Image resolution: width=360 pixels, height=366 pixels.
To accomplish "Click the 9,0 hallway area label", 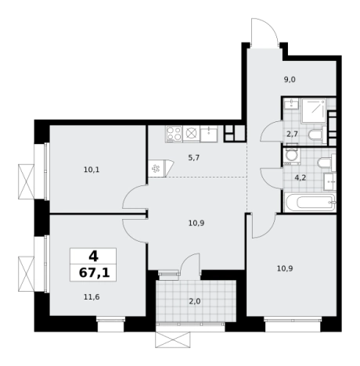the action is point(290,80).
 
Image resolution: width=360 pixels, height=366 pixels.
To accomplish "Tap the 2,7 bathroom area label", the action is point(292,135).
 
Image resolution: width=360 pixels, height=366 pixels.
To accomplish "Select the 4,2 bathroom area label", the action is point(300,178).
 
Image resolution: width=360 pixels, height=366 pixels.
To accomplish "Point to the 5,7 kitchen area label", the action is point(193,157).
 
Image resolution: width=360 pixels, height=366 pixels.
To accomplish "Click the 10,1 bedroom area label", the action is point(92,170).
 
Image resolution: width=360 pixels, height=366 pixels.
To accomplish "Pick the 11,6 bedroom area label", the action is point(92,296).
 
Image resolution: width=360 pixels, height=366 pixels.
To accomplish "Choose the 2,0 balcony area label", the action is point(195,301).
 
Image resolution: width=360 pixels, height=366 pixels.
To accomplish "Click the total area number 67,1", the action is point(94,273).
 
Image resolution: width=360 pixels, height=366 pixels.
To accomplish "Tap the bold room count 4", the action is point(93,257).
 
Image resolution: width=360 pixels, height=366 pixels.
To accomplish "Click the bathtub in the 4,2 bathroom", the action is point(310,202).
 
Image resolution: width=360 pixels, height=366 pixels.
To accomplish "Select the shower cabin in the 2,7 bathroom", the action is point(314,110).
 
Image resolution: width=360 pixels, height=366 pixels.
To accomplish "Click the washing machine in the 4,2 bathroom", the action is point(290,156).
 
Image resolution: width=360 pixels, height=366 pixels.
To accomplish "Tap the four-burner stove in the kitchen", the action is point(174,134).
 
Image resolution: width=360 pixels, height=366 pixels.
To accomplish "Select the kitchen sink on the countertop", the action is point(209,134).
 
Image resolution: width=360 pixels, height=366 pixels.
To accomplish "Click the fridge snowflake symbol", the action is point(156,169).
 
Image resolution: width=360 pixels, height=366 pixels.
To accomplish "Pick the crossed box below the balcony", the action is point(173,339).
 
